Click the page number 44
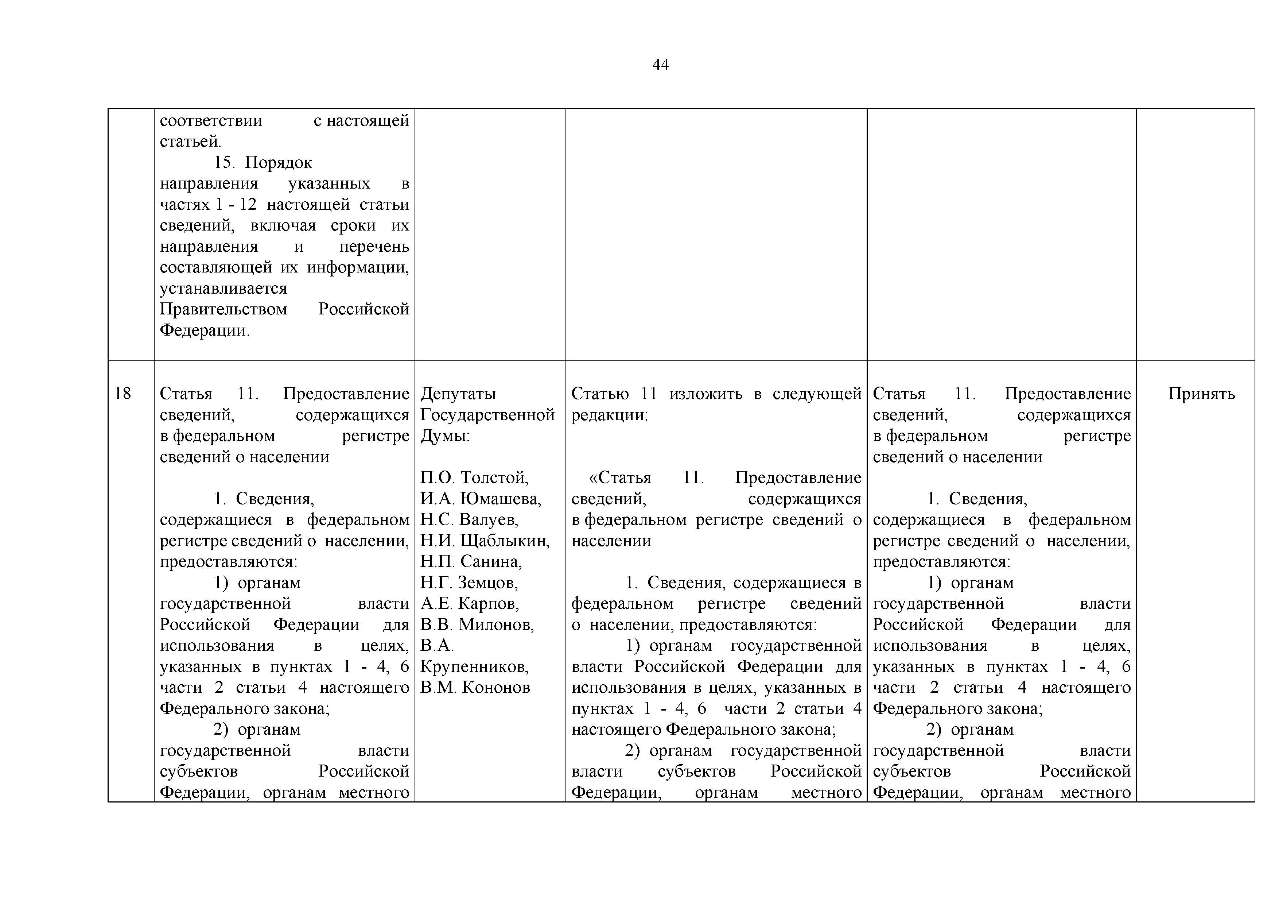(x=660, y=65)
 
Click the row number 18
(x=123, y=394)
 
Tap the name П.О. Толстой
(x=474, y=477)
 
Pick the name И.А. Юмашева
(x=480, y=498)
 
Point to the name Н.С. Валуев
(x=469, y=519)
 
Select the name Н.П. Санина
(x=471, y=561)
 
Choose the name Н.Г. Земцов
(x=469, y=582)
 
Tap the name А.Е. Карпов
(x=469, y=604)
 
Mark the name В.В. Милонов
(x=477, y=624)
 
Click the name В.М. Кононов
(x=475, y=687)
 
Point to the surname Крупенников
(x=474, y=666)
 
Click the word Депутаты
(x=458, y=394)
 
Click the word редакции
(x=609, y=415)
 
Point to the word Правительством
(x=223, y=309)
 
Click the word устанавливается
(x=223, y=289)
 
